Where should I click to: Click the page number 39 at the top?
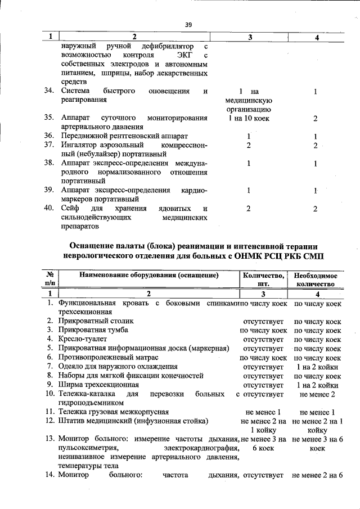pos(188,24)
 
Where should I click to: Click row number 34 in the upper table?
pos(49,91)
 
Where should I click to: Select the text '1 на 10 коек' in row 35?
pos(248,118)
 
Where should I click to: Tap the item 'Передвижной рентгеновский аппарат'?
pos(124,136)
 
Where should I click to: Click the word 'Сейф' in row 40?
pos(70,209)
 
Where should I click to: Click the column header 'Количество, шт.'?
pos(263,279)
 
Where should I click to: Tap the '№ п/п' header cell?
pos(48,279)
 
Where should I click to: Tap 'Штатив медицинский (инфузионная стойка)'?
pos(130,421)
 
